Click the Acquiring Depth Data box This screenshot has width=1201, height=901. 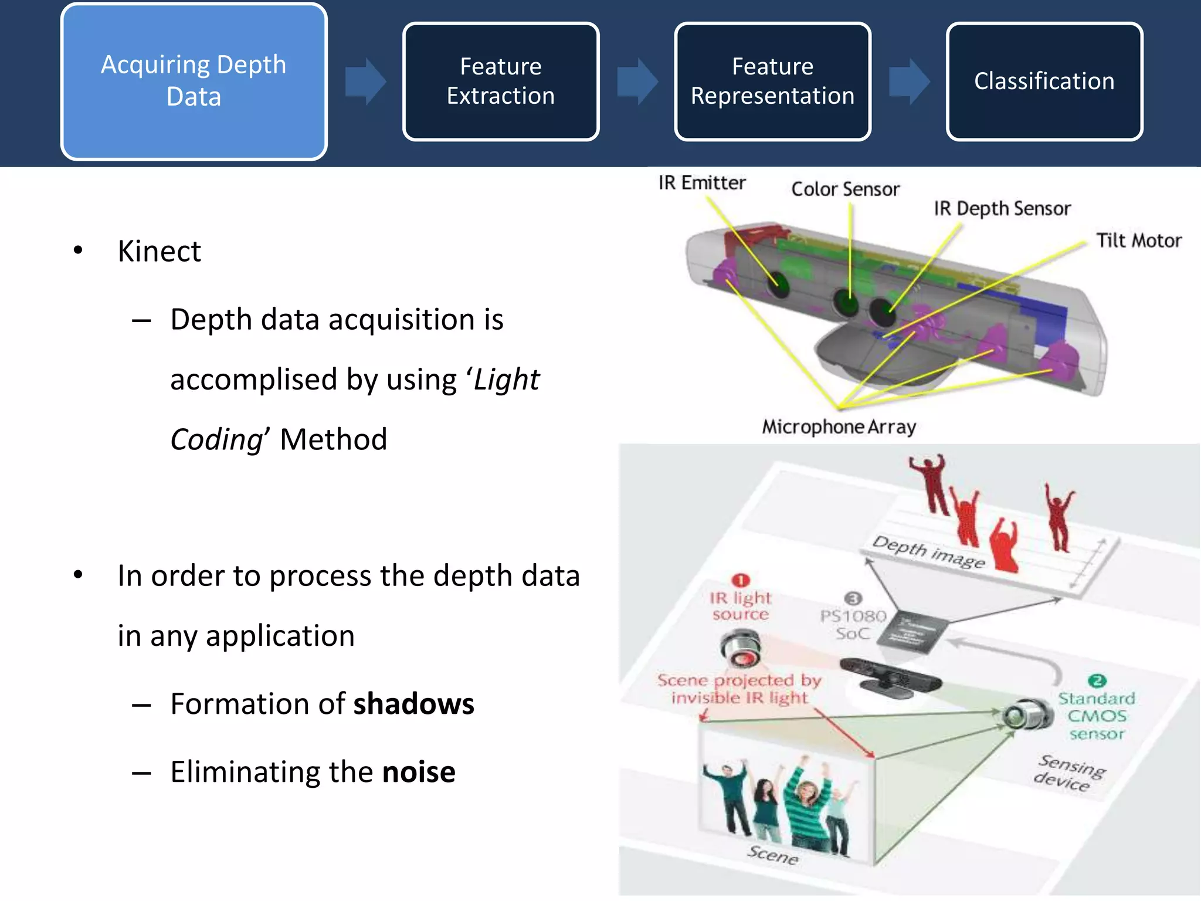tap(194, 81)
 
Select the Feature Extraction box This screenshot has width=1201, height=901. tap(500, 81)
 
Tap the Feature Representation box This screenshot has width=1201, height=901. tap(772, 81)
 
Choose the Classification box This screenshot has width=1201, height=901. tap(1044, 81)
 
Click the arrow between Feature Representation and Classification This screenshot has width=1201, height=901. tap(908, 81)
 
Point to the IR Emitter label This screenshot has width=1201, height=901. tap(701, 183)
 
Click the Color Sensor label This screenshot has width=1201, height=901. tap(845, 189)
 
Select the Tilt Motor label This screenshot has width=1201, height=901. tap(1138, 241)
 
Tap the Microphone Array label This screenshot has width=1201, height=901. tap(839, 426)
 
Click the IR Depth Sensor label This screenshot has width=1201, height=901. tap(1002, 209)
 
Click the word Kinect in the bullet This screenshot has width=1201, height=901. tap(159, 251)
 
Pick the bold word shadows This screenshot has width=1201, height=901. tap(413, 704)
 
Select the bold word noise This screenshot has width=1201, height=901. tap(419, 772)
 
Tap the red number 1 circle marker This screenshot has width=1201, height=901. tap(741, 580)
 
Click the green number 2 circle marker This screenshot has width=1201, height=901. tap(1097, 680)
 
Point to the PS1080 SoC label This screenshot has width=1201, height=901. tap(853, 624)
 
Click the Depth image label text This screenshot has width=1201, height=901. tap(928, 552)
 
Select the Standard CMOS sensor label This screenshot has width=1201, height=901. tap(1096, 716)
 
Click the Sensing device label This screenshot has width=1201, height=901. tap(1068, 773)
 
